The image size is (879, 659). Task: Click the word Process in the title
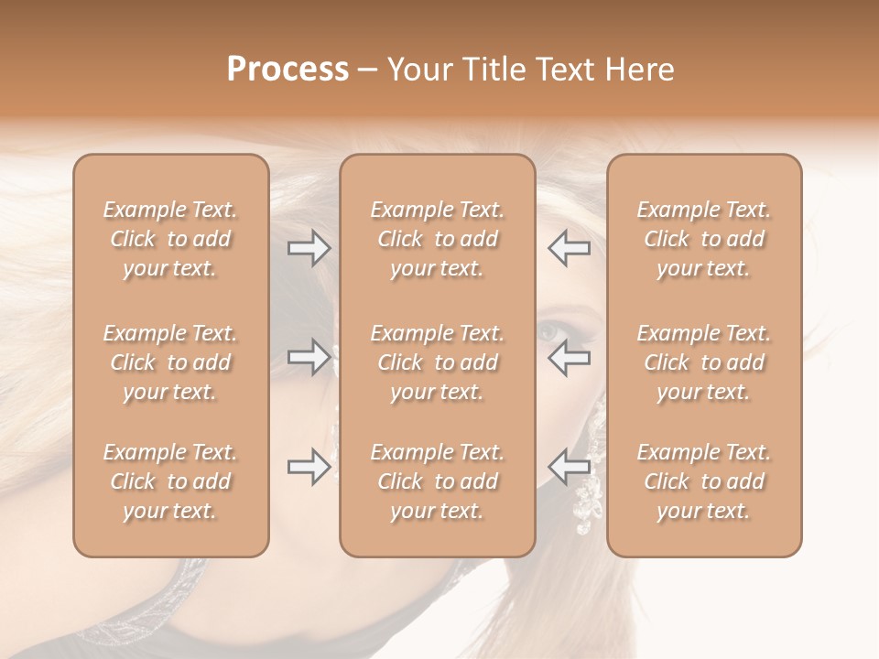pos(288,70)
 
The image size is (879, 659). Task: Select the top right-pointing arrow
pos(309,248)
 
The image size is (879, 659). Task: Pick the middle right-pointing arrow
pos(309,357)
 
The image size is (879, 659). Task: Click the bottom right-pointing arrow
pos(309,468)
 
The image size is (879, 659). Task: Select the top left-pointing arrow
pos(570,248)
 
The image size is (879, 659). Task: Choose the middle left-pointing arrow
pos(570,357)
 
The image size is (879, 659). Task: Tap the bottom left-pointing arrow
pos(570,468)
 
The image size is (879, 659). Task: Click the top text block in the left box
pos(170,239)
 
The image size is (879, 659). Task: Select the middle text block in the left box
pos(170,362)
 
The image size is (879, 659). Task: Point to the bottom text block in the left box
pos(170,481)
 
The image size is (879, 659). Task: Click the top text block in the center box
pos(437,239)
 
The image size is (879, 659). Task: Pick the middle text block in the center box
pos(437,362)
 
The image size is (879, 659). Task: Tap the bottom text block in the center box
pos(437,481)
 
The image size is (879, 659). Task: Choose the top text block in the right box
pos(704,239)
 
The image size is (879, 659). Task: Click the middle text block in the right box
pos(704,362)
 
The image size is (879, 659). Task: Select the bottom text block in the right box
pos(704,481)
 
